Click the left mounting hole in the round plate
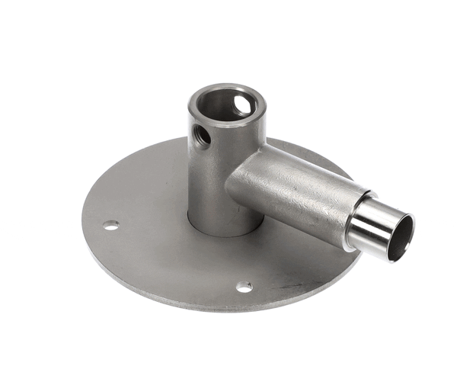click(x=111, y=225)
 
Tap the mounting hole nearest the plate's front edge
click(x=244, y=287)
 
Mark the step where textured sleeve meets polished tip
click(x=352, y=221)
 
